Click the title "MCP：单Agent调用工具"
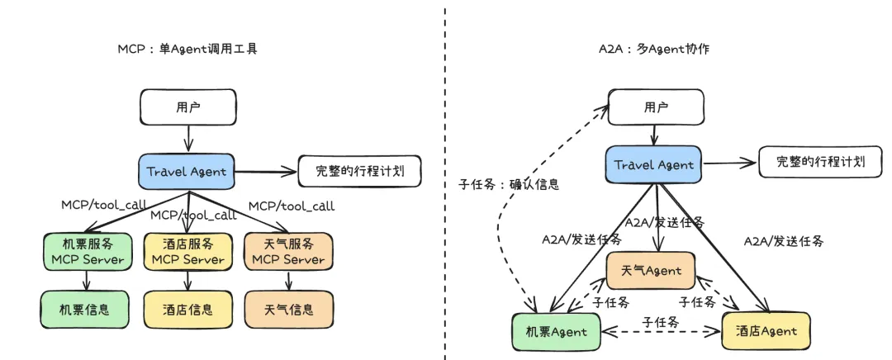point(187,50)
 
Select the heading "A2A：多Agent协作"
point(653,50)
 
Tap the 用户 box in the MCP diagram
point(188,107)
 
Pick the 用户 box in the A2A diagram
point(656,107)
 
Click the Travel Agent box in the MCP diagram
point(187,171)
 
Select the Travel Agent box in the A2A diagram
point(653,164)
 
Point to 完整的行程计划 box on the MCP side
point(358,173)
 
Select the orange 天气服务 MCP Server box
point(287,251)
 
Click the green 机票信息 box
point(86,310)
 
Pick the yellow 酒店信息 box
point(187,310)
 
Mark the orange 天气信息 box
point(289,310)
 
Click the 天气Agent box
point(650,271)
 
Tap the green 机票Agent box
point(557,332)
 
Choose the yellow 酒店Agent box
point(766,330)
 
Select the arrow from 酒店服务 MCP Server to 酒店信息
point(188,281)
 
